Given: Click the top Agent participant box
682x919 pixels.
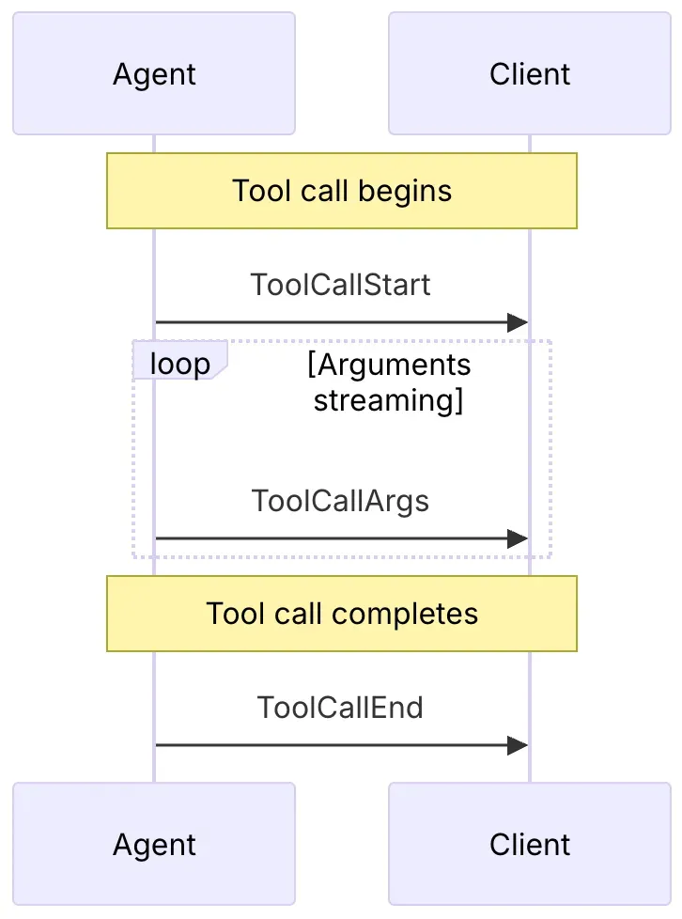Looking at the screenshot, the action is [154, 73].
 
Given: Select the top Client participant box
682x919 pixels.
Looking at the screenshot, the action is [530, 73].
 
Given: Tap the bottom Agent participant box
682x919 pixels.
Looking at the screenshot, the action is [154, 844].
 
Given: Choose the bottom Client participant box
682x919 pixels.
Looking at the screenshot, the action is [530, 844].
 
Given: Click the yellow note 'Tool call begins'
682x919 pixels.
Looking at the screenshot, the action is [342, 191].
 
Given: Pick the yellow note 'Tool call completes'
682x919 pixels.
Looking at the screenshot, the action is [342, 614].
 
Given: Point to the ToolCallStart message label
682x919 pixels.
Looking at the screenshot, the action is [340, 285].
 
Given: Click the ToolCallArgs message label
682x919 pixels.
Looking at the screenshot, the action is [340, 502].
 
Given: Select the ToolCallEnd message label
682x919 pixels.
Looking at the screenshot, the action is [340, 708].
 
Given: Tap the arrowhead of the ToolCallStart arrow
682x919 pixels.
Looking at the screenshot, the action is [518, 322].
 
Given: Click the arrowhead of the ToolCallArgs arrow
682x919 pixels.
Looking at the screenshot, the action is [518, 538].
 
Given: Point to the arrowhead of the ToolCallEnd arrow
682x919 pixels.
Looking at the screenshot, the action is [518, 745].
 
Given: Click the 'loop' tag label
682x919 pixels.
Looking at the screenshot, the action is [179, 364].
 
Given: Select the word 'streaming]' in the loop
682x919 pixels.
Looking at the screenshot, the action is [389, 401].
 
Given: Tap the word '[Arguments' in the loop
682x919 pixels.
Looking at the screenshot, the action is [389, 366].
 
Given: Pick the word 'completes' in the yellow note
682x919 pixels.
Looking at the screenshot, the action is [405, 615].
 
